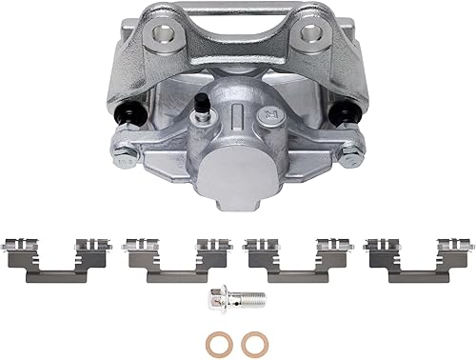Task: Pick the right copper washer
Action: coord(252,341)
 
